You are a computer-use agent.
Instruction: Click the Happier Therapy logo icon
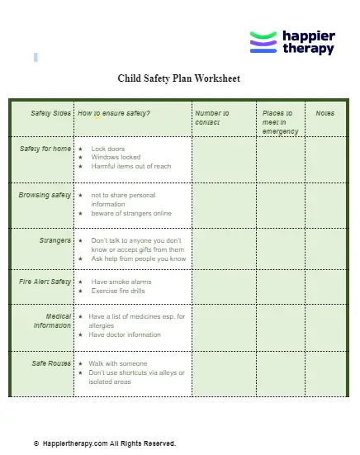[263, 42]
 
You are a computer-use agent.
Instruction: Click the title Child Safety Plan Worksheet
[179, 79]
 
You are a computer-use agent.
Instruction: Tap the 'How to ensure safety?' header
[114, 113]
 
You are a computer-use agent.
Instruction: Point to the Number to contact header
[212, 117]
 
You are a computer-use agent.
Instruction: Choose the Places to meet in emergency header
[279, 121]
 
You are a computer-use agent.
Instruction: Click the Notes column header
[324, 113]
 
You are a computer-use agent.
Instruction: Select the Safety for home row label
[45, 149]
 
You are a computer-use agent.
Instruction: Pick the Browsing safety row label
[45, 196]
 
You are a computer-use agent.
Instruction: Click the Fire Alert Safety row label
[45, 282]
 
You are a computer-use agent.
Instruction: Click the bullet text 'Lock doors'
[108, 149]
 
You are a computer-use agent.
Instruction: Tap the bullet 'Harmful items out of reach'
[130, 166]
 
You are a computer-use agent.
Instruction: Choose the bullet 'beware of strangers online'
[131, 213]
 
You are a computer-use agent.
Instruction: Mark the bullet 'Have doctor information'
[125, 334]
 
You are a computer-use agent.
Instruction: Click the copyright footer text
[105, 443]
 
